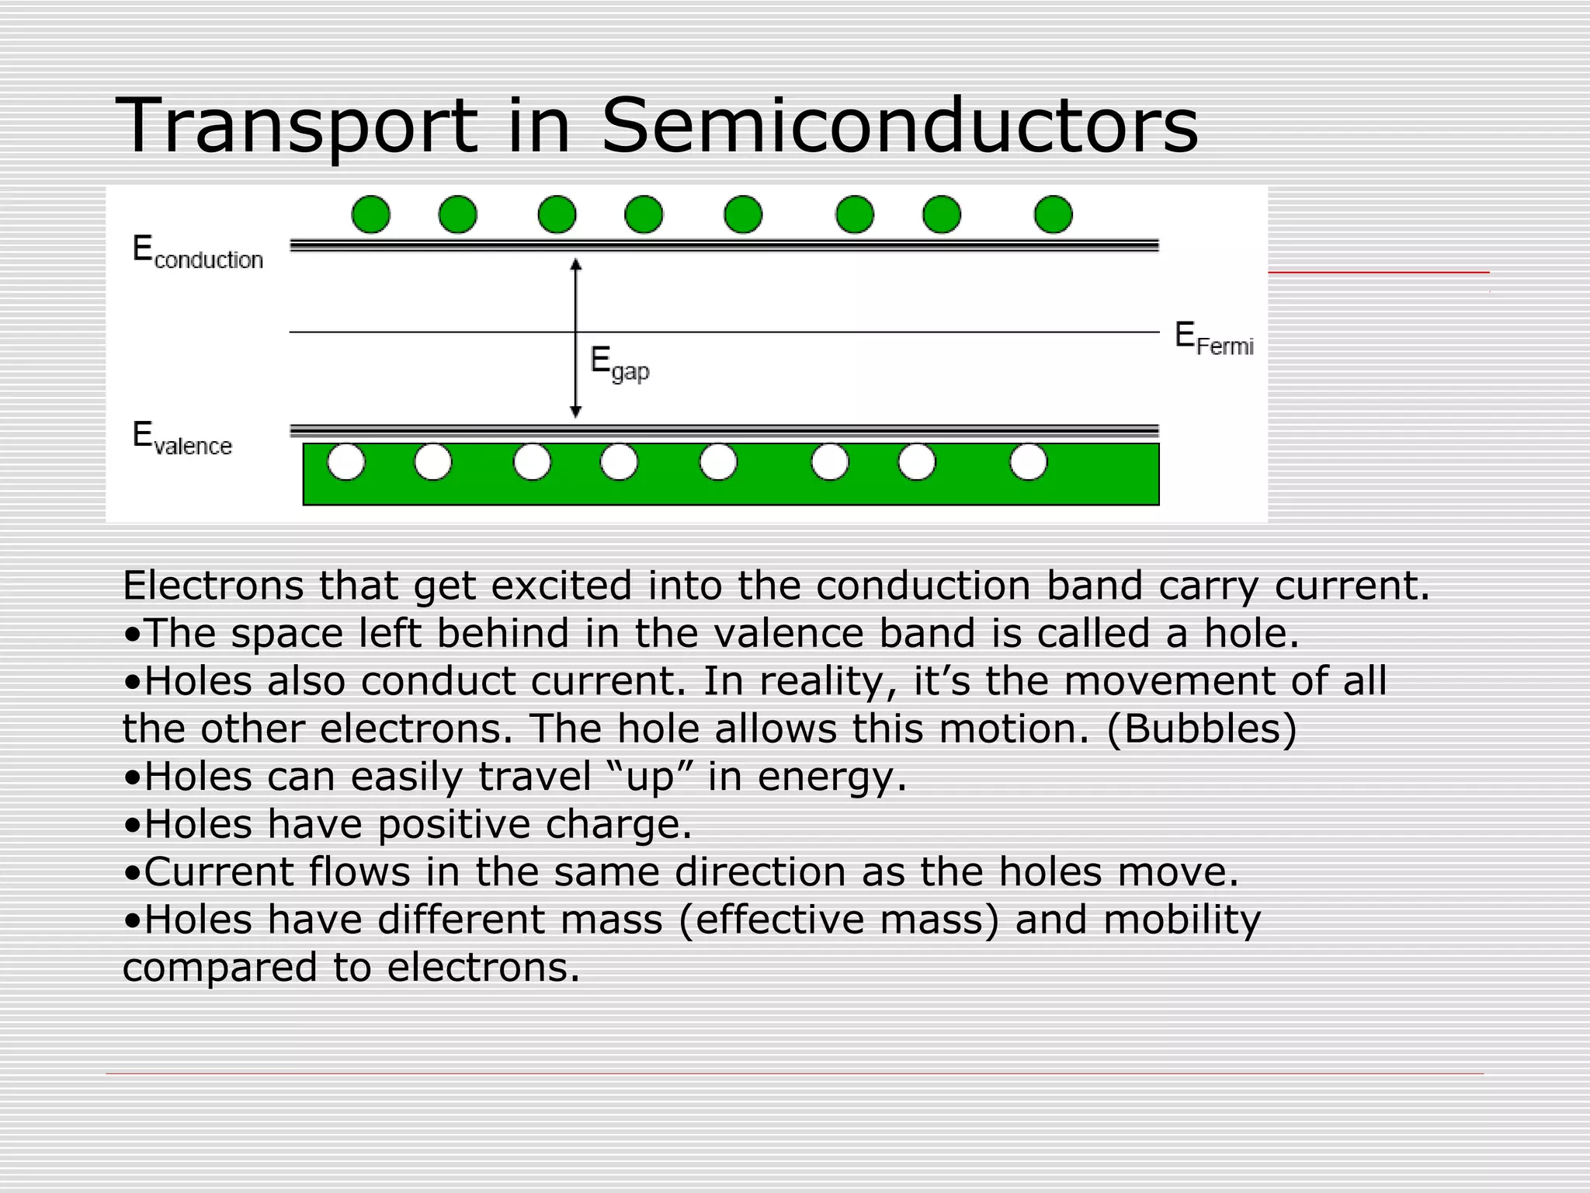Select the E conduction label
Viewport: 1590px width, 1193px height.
197,252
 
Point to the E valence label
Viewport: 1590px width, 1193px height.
182,439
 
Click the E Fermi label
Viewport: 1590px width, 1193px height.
1213,339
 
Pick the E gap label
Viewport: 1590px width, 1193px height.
619,363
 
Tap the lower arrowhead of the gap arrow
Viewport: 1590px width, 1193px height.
575,411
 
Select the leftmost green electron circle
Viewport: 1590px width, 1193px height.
370,214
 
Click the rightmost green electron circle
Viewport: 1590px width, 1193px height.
1053,214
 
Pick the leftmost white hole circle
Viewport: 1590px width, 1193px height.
346,463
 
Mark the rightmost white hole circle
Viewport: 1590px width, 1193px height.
1028,463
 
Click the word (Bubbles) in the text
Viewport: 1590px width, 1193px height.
1201,729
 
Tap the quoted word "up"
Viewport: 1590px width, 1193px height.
651,777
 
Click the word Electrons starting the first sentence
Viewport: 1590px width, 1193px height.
213,586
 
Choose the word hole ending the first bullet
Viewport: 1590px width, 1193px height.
1251,633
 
